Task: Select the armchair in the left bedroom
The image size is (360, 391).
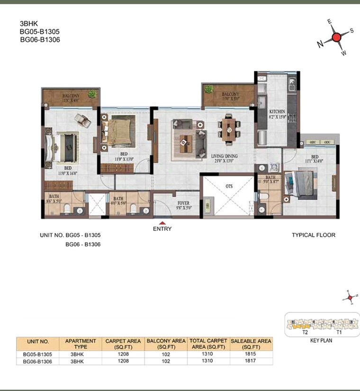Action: [x=83, y=121]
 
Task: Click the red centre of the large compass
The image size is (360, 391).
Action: [x=336, y=38]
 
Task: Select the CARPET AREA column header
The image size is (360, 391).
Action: [x=123, y=344]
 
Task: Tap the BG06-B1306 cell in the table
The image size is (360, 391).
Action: [x=37, y=361]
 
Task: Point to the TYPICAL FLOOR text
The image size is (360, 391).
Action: [x=313, y=235]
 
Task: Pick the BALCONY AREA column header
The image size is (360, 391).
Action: [x=166, y=344]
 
